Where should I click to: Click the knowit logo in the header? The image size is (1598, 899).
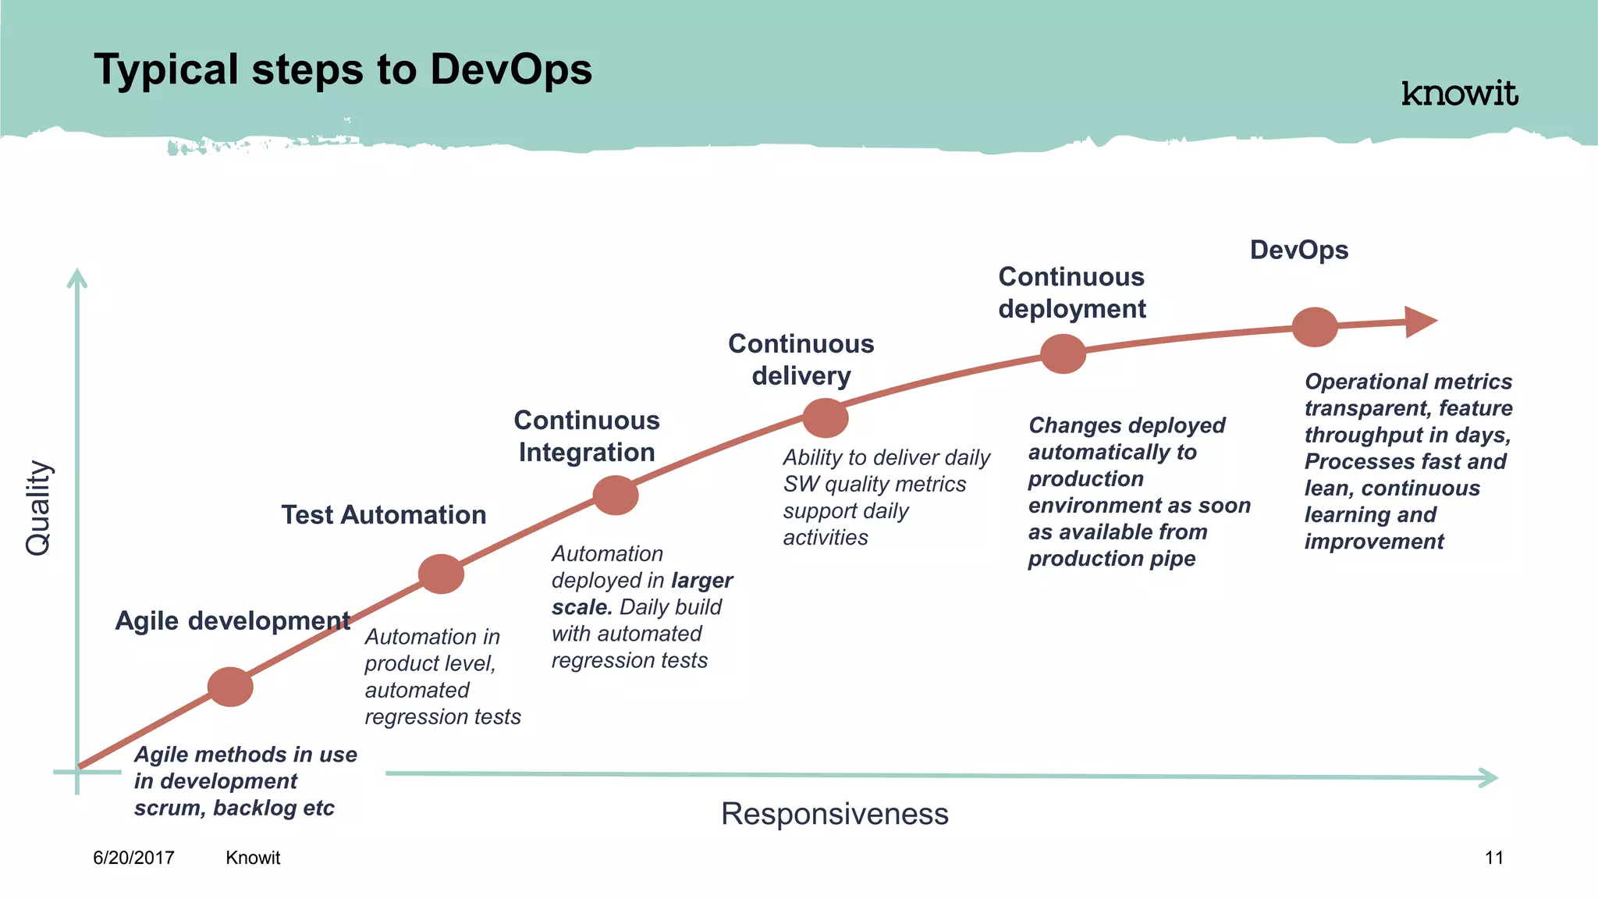pyautogui.click(x=1459, y=94)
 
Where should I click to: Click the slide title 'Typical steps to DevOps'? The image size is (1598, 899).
pyautogui.click(x=343, y=69)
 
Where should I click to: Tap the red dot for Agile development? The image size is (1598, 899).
pyautogui.click(x=230, y=687)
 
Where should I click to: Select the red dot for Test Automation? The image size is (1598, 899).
pyautogui.click(x=441, y=574)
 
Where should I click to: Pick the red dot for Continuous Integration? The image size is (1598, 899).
pyautogui.click(x=616, y=495)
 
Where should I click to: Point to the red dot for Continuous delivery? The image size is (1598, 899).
pyautogui.click(x=826, y=418)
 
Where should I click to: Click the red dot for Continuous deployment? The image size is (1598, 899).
pyautogui.click(x=1063, y=354)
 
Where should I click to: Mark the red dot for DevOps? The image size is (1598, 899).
pyautogui.click(x=1315, y=327)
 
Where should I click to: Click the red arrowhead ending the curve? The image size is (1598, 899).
pyautogui.click(x=1419, y=321)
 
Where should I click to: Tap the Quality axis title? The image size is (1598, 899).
pyautogui.click(x=37, y=508)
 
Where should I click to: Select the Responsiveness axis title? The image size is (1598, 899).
pyautogui.click(x=834, y=814)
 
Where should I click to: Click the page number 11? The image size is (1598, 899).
pyautogui.click(x=1493, y=858)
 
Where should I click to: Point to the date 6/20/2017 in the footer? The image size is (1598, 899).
pyautogui.click(x=133, y=858)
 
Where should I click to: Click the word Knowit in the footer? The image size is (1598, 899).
pyautogui.click(x=253, y=858)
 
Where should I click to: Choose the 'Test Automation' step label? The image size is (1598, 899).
pyautogui.click(x=383, y=515)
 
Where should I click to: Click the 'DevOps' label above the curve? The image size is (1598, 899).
pyautogui.click(x=1298, y=250)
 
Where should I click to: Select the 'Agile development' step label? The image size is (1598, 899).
pyautogui.click(x=232, y=620)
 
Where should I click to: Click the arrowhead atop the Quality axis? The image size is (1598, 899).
pyautogui.click(x=76, y=277)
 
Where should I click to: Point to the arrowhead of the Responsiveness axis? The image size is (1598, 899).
pyautogui.click(x=1490, y=777)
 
